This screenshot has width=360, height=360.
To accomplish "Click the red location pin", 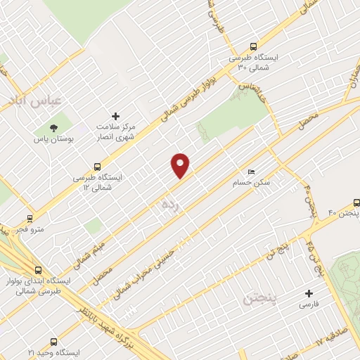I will tap(181, 165).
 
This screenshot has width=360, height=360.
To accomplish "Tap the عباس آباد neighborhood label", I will tap(32, 101).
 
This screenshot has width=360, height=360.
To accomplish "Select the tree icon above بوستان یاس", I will tap(53, 127).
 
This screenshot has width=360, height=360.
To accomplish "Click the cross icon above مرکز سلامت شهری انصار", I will tap(117, 115).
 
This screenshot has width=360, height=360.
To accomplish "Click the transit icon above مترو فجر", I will tap(30, 218).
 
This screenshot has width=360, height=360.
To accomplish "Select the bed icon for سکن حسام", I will tap(251, 172).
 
